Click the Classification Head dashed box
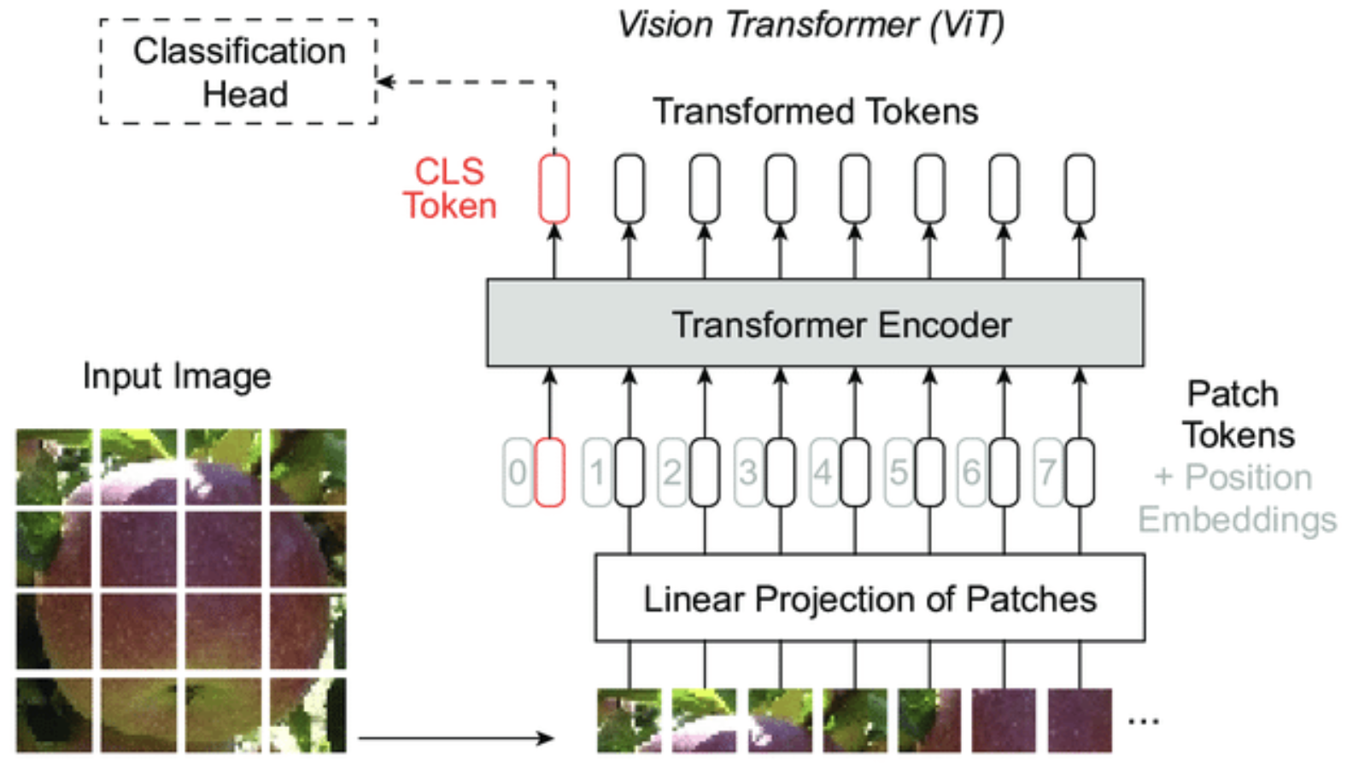pos(238,72)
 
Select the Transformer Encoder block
pos(815,324)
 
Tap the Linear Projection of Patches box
pos(870,598)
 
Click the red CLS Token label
pos(449,189)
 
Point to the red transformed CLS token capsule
pos(554,188)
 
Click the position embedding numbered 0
pos(518,473)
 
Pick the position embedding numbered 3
pos(748,473)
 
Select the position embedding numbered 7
pos(1048,473)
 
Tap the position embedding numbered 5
pos(899,473)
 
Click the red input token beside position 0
pos(549,473)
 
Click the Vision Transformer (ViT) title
pos(810,24)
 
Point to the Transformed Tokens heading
pos(815,112)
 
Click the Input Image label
pos(177,376)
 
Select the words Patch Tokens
pos(1237,414)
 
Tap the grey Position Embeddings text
pos(1237,498)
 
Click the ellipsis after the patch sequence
pos(1143,721)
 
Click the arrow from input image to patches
pos(456,737)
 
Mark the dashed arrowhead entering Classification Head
pos(384,82)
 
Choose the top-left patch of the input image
pos(54,467)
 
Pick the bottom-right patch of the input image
pos(308,715)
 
